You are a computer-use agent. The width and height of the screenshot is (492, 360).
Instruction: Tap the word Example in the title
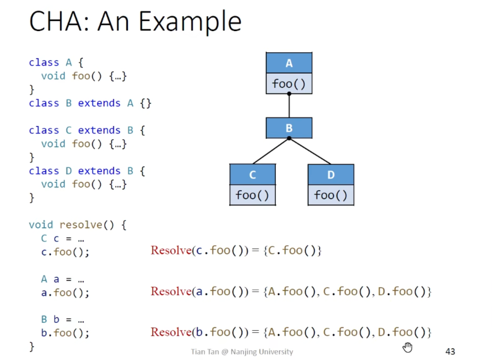pos(190,22)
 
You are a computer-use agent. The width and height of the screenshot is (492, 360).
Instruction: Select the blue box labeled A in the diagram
pos(289,63)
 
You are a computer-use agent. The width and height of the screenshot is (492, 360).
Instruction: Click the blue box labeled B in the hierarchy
pos(289,128)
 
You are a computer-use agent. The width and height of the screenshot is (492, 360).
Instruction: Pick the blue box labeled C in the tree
pos(253,174)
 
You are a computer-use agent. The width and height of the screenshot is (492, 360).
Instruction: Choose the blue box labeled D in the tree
pos(331,174)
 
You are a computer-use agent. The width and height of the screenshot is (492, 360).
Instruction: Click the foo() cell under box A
pos(289,83)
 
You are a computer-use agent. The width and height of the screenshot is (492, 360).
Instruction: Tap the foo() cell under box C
pos(253,195)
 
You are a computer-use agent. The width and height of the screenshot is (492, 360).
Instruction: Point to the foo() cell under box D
pos(331,195)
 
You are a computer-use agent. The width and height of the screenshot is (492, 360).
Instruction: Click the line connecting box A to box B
pos(289,106)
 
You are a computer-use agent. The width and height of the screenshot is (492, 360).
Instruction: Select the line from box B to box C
pos(271,151)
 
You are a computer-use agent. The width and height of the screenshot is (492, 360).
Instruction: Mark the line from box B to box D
pos(310,151)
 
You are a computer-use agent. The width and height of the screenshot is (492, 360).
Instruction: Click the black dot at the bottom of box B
pos(289,138)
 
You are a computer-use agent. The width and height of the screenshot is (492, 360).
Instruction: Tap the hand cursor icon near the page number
pos(407,347)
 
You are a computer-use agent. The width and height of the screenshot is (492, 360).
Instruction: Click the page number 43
pos(450,351)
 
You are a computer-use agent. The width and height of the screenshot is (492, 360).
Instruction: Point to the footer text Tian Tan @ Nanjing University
pos(242,352)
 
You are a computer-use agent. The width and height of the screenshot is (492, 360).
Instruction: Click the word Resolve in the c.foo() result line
pos(171,250)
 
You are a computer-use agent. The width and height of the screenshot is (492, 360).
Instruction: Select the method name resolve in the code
pos(81,225)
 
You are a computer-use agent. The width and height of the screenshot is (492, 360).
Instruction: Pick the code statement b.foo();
pos(65,333)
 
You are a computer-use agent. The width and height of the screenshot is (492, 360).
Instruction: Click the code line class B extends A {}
pos(90,103)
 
